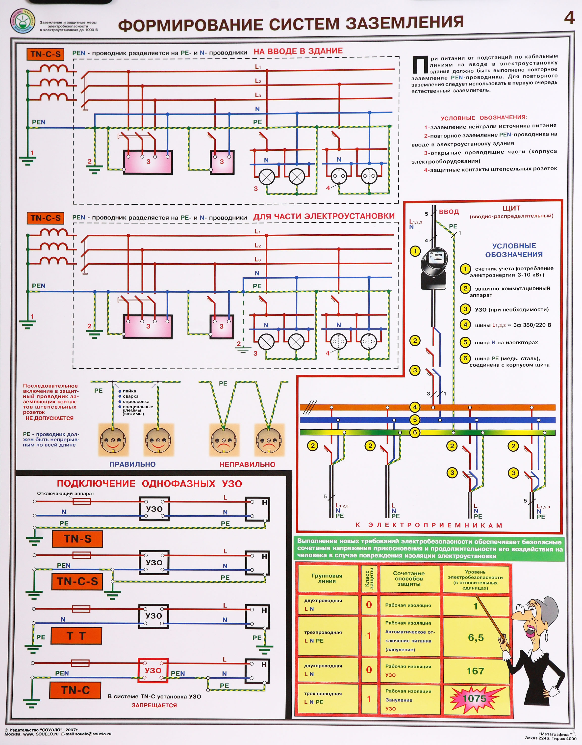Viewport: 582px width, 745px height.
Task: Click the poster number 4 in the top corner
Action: tap(569, 18)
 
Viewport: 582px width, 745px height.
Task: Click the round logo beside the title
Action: tap(23, 21)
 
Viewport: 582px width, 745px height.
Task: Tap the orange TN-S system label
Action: tap(77, 539)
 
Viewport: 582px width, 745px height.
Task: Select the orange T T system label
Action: tap(76, 636)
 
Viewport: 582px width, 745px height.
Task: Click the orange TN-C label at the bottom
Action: tap(75, 690)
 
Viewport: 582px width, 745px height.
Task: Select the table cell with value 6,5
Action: tap(476, 637)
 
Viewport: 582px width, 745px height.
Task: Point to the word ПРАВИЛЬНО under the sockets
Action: tap(132, 464)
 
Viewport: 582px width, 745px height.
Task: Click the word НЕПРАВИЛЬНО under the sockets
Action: tap(247, 464)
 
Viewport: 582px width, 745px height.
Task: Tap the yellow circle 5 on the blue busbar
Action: tap(415, 420)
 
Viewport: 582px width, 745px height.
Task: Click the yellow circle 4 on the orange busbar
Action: tap(415, 407)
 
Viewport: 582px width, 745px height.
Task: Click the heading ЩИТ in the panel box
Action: tap(511, 208)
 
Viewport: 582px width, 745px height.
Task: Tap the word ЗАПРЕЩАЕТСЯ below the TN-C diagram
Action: tap(154, 705)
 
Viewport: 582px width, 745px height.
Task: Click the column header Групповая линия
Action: tap(327, 578)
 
